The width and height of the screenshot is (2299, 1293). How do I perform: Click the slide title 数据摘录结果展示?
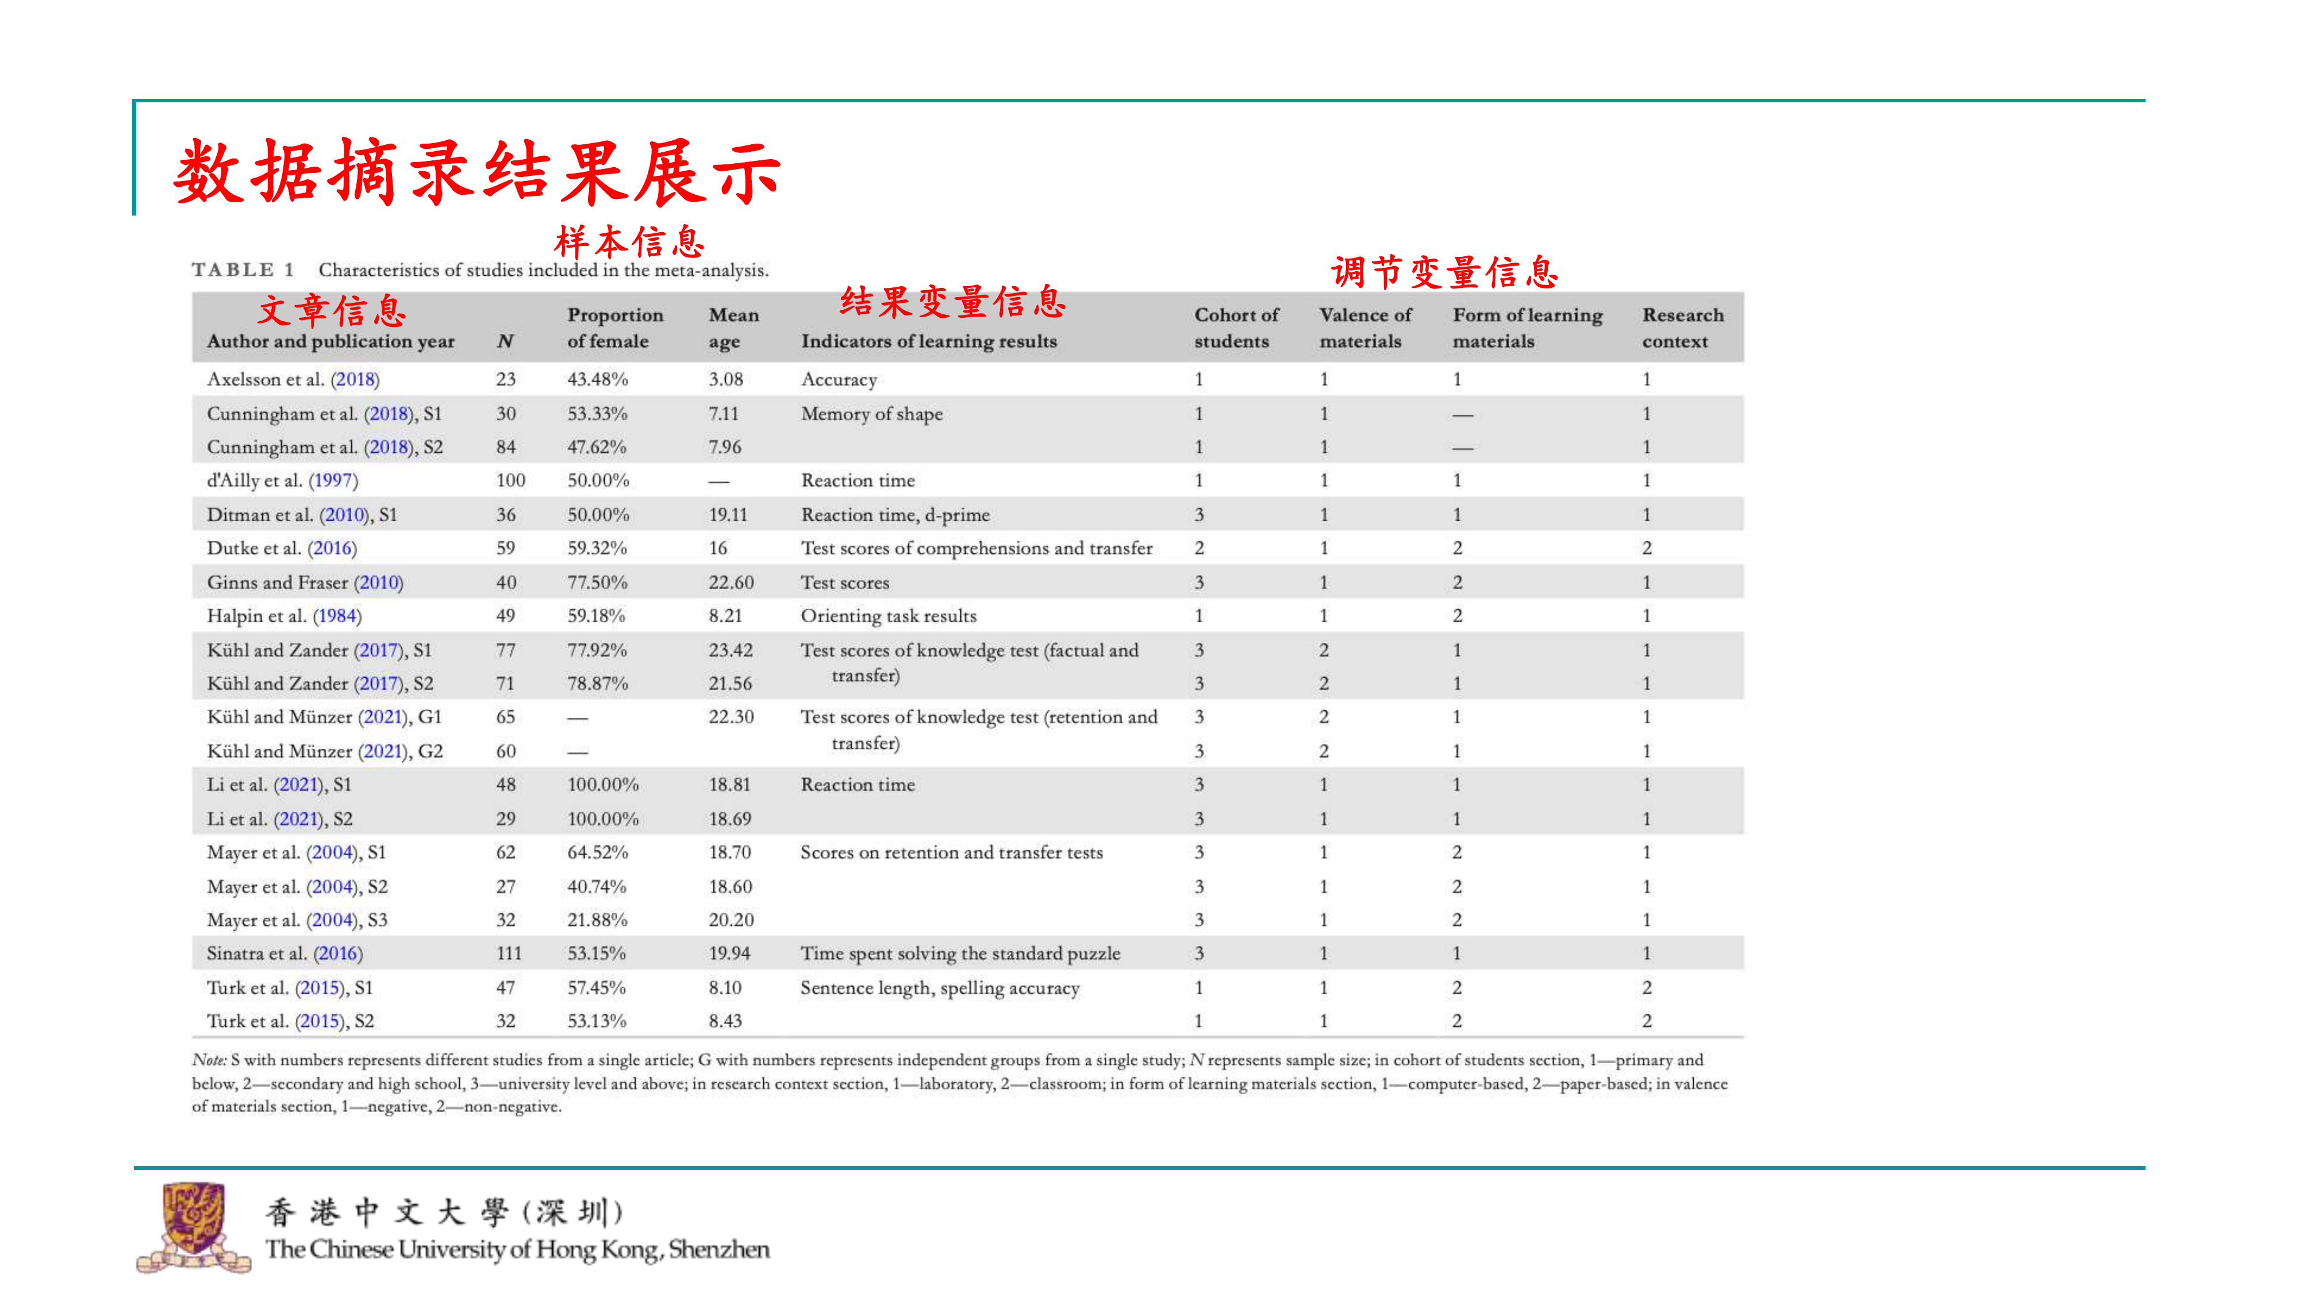478,172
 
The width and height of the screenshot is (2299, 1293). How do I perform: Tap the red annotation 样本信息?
629,242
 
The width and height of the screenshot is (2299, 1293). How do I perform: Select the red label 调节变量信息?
1444,272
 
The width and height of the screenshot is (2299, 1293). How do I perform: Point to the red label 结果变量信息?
952,302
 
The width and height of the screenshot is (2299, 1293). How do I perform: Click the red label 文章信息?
332,310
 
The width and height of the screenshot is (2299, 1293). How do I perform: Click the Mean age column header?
733,328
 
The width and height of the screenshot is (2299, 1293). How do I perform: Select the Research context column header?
1682,328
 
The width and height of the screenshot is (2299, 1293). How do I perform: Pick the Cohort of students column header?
1236,328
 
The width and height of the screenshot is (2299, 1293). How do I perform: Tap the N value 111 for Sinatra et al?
509,953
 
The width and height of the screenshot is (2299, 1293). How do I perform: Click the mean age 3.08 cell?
725,379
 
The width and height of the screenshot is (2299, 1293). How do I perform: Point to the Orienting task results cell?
888,615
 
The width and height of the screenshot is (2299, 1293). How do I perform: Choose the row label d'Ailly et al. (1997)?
282,480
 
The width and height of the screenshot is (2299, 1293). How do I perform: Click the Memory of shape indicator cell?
871,414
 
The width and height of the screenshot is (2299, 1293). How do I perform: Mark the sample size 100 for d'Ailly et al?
510,480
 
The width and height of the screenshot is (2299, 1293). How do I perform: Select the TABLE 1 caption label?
243,270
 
